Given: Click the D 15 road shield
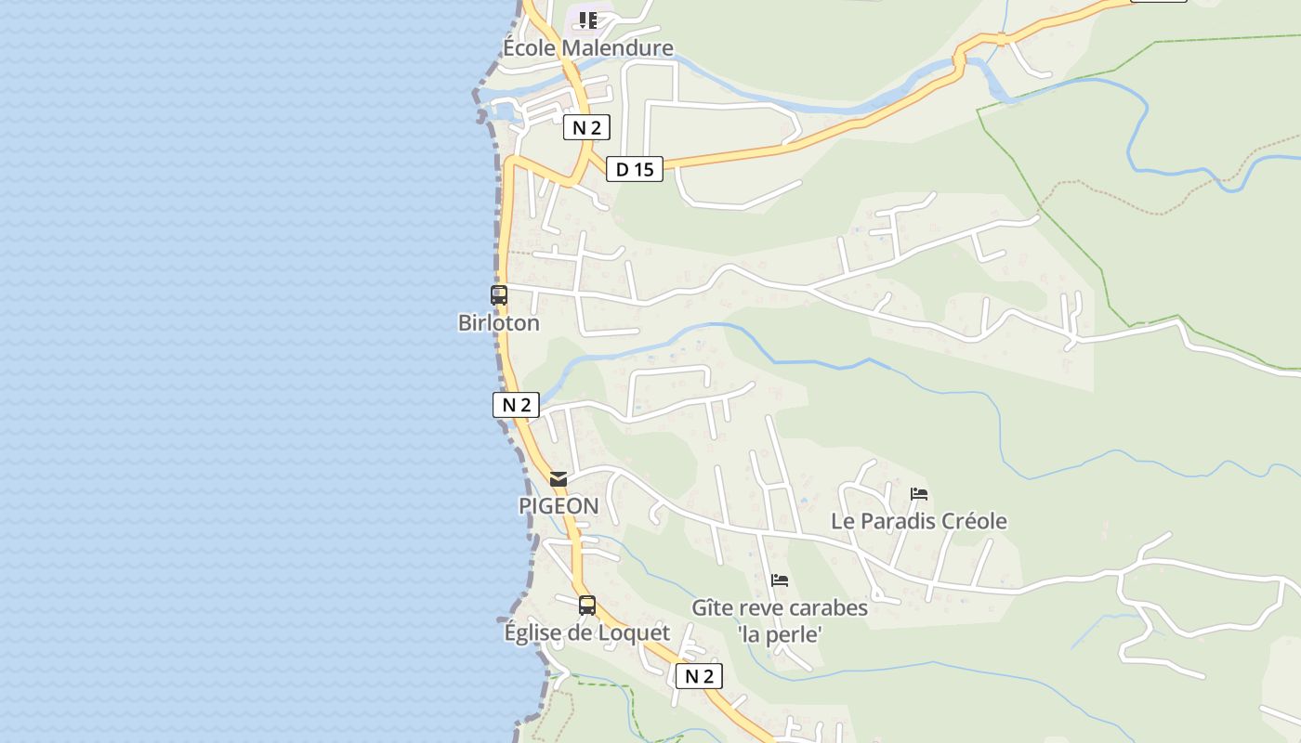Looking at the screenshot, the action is coord(635,169).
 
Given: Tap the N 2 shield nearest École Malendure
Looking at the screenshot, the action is coord(586,127).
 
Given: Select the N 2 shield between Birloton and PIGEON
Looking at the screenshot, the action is coord(516,405).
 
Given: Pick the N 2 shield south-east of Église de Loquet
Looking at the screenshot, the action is coord(699,676).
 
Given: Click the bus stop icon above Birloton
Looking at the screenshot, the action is coord(499,295).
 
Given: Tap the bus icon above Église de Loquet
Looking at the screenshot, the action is coord(587,606).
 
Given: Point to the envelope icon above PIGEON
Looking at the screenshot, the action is coord(559,479).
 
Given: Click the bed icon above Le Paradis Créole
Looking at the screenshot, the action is coord(919,494).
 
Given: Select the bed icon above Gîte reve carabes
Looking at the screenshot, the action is coord(780,580).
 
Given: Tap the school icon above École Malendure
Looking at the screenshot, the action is coord(587,20).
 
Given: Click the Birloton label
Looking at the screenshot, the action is coord(499,323).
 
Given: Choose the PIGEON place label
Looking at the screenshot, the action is coord(559,506).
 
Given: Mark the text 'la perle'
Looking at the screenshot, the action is coord(780,635).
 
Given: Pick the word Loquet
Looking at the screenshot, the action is coord(633,633).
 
